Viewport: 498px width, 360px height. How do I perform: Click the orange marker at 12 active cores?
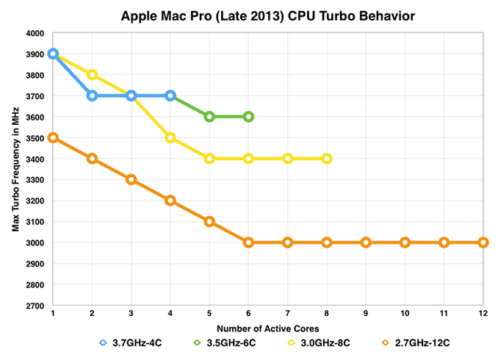483,242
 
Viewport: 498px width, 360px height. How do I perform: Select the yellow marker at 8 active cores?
327,159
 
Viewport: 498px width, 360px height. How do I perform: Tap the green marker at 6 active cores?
248,117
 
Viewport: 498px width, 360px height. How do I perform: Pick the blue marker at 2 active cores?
93,96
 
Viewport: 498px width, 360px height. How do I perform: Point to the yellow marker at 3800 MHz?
93,75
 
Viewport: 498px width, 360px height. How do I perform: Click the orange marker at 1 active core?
54,137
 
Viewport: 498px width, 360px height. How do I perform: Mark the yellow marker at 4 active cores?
170,137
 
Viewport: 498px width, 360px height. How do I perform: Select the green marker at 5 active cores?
209,117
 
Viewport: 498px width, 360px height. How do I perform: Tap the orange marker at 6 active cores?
248,242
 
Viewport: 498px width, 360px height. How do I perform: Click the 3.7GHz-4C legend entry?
128,342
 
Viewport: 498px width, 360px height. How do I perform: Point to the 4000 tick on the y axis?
36,33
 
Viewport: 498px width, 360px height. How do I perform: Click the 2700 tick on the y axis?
36,306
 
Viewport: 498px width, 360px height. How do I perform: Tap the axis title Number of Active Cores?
268,325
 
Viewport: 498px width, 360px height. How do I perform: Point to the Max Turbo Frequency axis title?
15,169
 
